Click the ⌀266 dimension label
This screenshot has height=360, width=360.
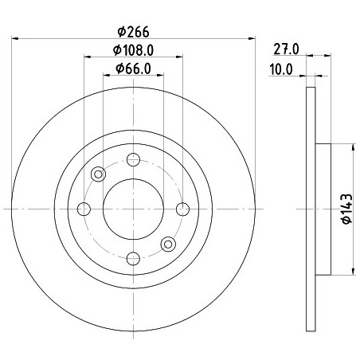[133, 32]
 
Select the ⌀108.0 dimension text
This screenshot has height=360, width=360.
[133, 50]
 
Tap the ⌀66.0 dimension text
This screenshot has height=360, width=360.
[133, 68]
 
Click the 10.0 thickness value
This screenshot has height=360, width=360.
[281, 69]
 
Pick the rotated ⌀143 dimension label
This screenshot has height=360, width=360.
[347, 209]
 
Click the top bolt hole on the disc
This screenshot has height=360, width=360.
[133, 159]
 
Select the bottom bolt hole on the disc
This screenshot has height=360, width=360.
[133, 259]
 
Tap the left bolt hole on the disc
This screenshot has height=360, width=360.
[84, 209]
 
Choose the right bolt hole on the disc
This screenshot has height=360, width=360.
[182, 209]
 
